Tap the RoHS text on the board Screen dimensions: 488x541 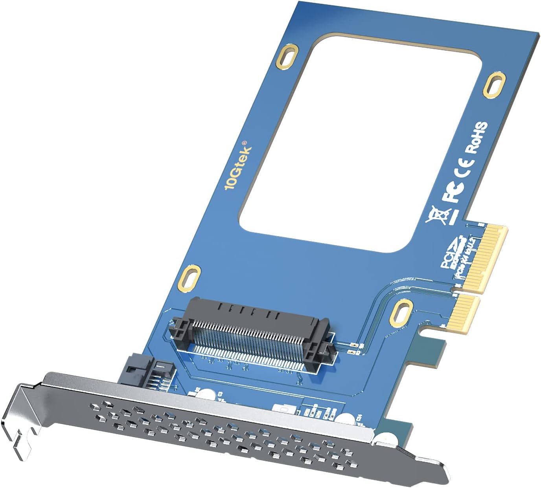tap(477, 137)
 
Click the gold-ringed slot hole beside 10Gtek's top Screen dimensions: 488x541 tap(289, 55)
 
